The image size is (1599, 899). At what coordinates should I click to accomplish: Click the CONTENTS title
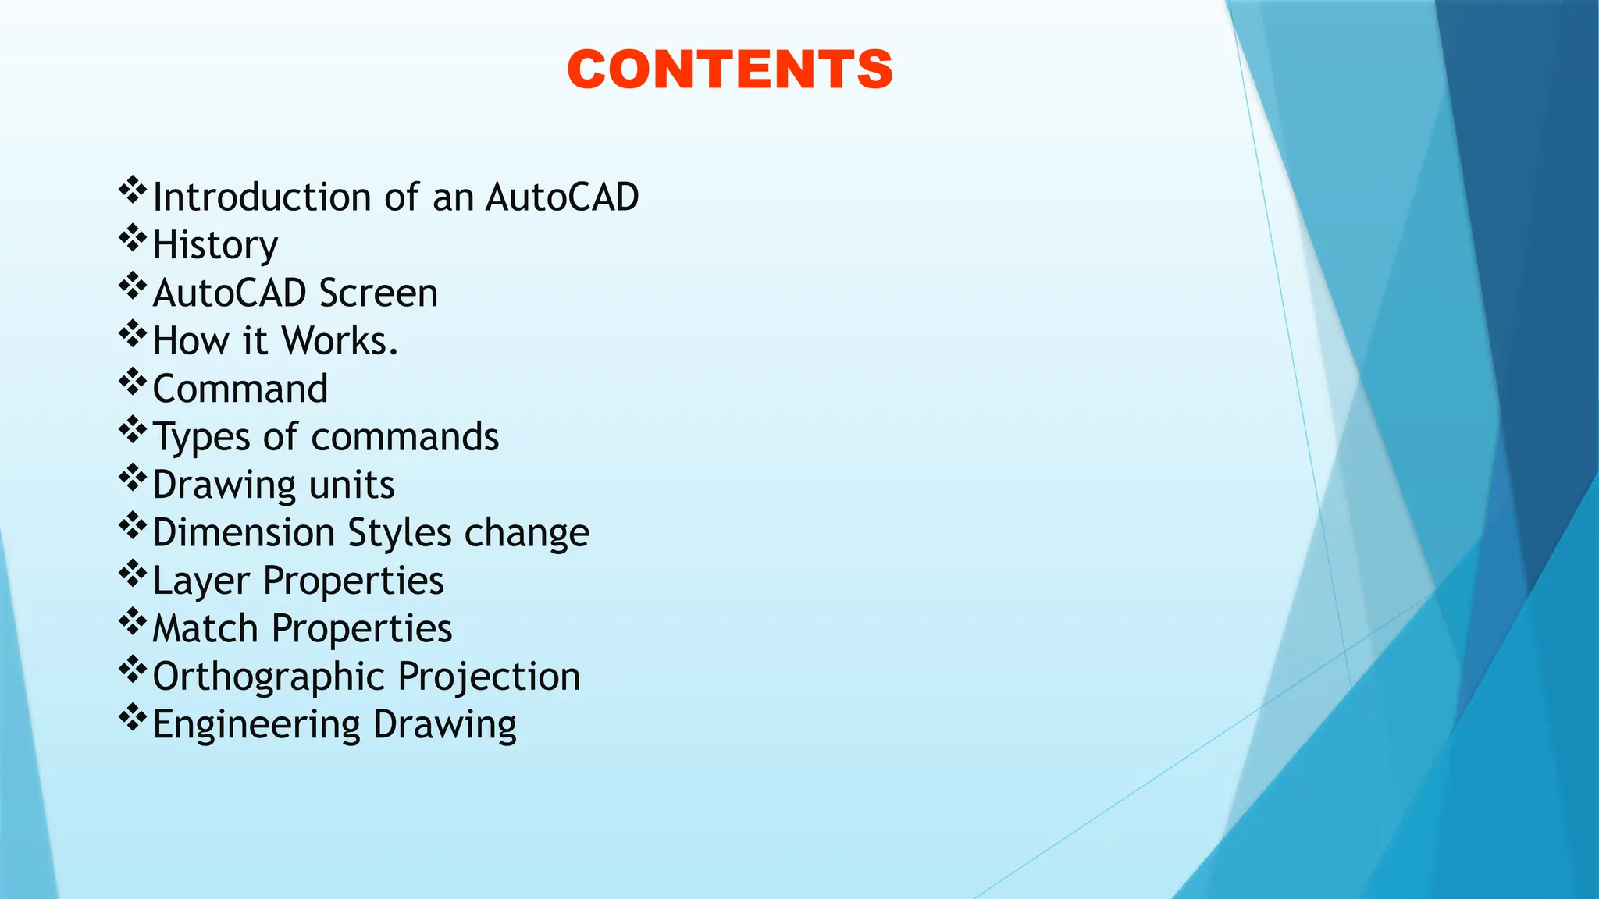tap(730, 69)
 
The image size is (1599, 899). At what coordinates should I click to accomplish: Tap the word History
tap(215, 246)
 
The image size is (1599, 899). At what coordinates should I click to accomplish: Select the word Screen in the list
tap(379, 293)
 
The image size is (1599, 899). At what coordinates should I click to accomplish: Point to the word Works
tap(340, 341)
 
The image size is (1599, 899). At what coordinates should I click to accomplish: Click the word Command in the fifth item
tap(240, 389)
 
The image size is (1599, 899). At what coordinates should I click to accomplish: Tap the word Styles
tap(400, 533)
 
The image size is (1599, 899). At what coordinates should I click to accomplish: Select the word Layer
tap(201, 581)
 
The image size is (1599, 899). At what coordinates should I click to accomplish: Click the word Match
tap(205, 629)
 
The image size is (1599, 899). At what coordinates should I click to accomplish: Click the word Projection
tap(490, 677)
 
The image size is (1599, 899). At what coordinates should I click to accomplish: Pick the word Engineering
tap(256, 725)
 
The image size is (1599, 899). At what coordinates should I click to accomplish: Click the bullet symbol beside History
tap(133, 238)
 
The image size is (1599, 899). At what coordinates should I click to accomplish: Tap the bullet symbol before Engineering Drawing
tap(133, 717)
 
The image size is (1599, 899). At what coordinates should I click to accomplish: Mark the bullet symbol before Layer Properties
tap(133, 574)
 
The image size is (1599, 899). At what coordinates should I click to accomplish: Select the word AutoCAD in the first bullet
tap(562, 197)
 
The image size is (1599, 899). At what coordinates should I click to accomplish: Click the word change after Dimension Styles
tap(527, 533)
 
